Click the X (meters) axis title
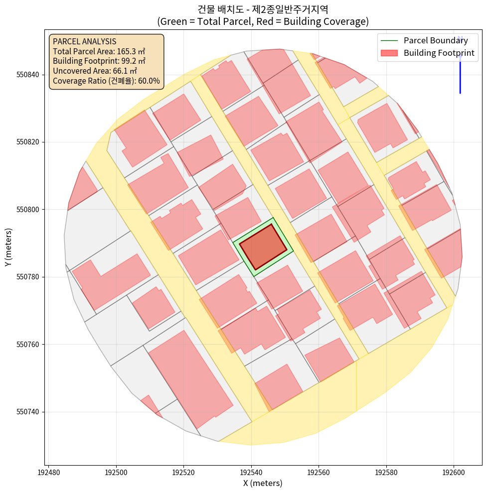coord(263,483)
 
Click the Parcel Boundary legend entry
coord(436,40)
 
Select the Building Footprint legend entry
coord(439,53)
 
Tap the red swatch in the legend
coord(389,53)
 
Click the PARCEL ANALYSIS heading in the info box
coord(84,41)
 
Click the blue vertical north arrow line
coord(460,75)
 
